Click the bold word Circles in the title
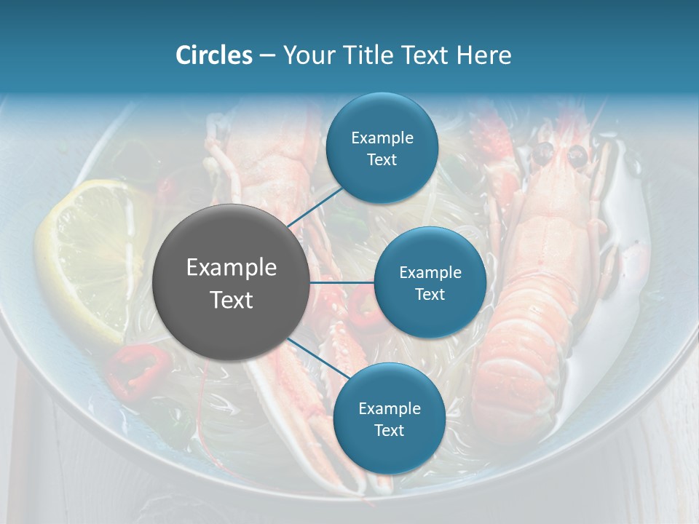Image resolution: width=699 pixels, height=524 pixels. tap(213, 55)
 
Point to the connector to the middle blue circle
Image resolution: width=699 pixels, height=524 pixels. tap(342, 282)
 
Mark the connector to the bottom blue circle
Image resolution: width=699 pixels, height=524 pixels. tap(313, 357)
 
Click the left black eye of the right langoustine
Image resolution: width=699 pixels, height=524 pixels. tap(543, 153)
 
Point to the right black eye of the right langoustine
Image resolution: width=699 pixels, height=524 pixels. tap(577, 154)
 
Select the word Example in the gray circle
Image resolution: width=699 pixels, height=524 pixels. tap(232, 268)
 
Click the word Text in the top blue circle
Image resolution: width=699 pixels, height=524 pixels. tap(382, 159)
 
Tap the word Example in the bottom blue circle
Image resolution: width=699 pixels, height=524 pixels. tap(389, 408)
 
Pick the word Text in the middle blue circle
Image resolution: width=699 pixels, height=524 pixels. tap(430, 294)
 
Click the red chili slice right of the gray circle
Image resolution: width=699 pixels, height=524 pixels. tap(362, 314)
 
